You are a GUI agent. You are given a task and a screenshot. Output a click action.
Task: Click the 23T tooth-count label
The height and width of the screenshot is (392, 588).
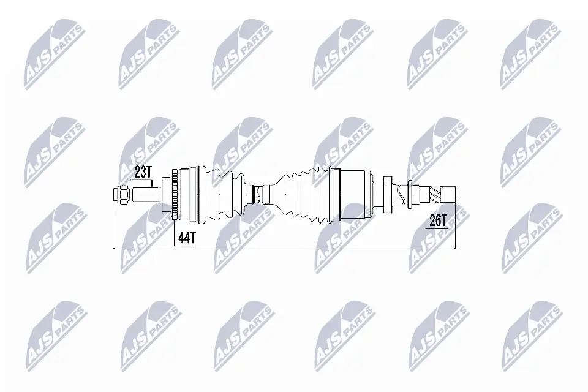[x=143, y=172]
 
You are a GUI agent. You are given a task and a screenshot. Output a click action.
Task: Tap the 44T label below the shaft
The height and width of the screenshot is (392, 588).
[x=186, y=238]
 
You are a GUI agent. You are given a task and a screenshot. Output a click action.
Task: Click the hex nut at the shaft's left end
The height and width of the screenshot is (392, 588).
[x=123, y=195]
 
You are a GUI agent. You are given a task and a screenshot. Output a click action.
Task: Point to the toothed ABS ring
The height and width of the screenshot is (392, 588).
[x=174, y=195]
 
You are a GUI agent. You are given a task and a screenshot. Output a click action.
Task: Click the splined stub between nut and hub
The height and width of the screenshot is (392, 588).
[x=145, y=195]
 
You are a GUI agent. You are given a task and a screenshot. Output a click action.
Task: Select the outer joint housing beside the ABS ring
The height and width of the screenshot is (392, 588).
[x=190, y=195]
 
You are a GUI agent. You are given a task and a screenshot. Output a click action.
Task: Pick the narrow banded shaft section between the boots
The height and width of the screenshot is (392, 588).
[x=259, y=195]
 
